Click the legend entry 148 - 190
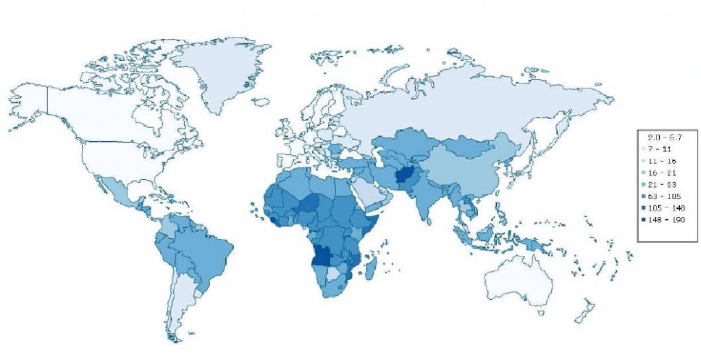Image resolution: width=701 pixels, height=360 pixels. (665, 220)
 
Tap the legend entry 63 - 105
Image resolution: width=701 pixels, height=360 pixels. (665, 196)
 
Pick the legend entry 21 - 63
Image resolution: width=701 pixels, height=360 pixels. (665, 184)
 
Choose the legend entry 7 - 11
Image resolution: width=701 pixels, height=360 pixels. (665, 149)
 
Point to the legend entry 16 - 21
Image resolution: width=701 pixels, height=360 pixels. (665, 172)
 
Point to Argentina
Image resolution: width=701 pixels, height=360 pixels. (179, 308)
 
